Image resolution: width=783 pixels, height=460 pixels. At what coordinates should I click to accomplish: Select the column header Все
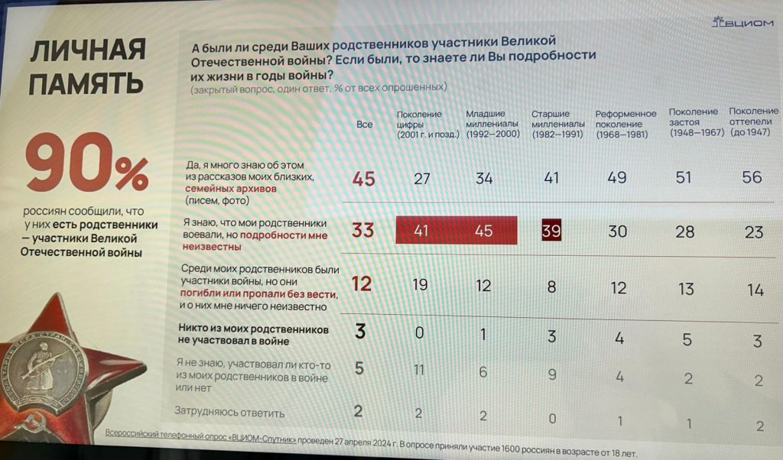365,124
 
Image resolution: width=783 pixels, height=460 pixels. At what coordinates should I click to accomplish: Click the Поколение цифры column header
427,124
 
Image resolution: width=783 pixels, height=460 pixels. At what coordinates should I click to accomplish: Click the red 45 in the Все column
364,179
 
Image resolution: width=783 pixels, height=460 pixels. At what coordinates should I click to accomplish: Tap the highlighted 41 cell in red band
421,231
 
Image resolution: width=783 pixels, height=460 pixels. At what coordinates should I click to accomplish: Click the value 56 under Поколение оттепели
752,177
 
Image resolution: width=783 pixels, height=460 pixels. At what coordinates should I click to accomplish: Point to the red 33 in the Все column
363,231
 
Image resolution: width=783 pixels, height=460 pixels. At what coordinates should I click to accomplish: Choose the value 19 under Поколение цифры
421,287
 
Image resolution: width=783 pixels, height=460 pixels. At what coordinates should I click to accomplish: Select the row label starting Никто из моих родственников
252,335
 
